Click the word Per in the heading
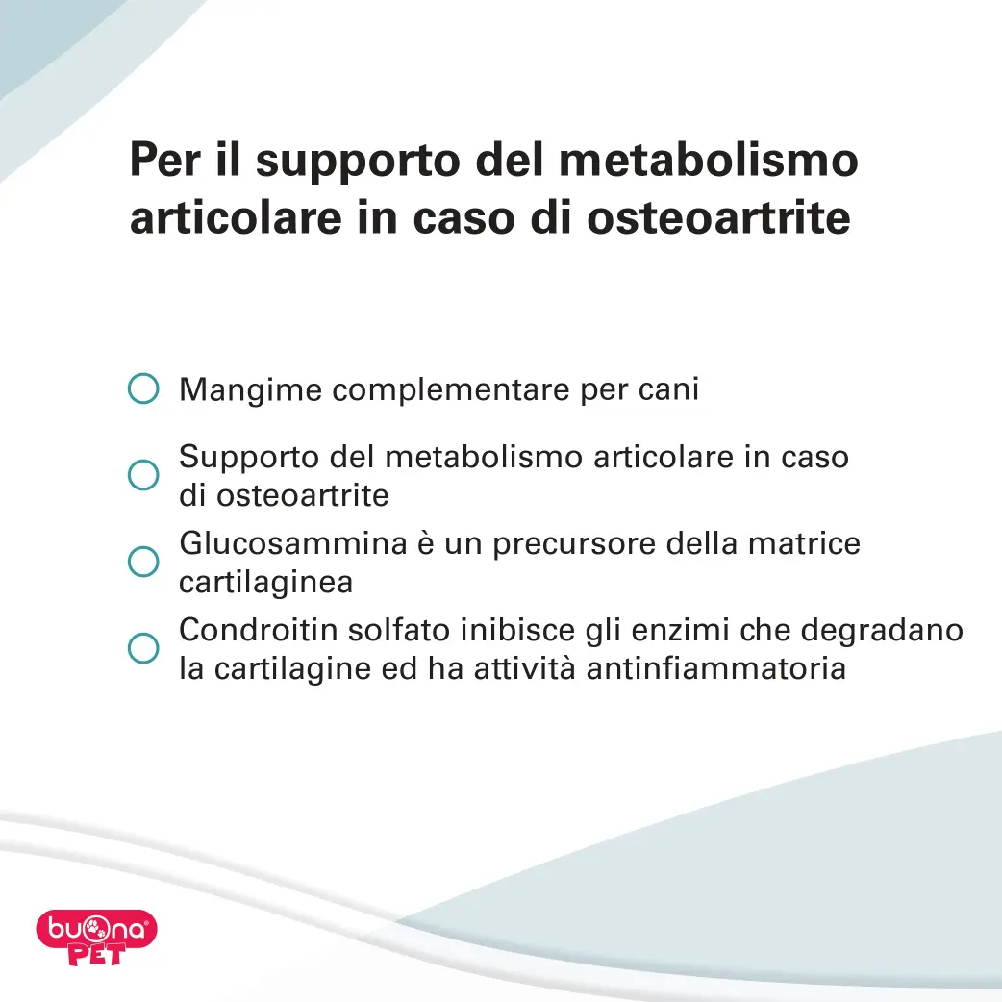[x=164, y=159]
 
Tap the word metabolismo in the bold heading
[x=708, y=159]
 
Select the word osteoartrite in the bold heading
[x=718, y=217]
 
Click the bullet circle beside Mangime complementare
[x=143, y=388]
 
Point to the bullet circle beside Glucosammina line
[x=143, y=562]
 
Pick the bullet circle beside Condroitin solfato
[x=143, y=648]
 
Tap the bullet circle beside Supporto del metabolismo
[x=143, y=475]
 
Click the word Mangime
[x=250, y=389]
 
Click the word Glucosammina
[x=293, y=543]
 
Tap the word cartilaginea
[x=265, y=583]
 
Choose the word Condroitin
[x=258, y=630]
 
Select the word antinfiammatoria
[x=716, y=669]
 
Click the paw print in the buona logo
[x=94, y=929]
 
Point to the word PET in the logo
[x=96, y=954]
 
